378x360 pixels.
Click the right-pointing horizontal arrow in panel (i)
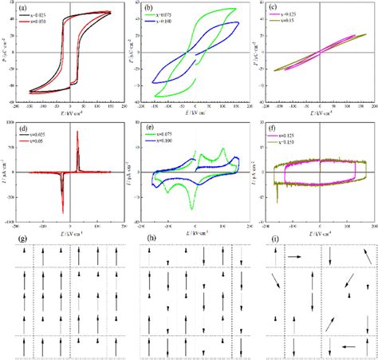[293, 257]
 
